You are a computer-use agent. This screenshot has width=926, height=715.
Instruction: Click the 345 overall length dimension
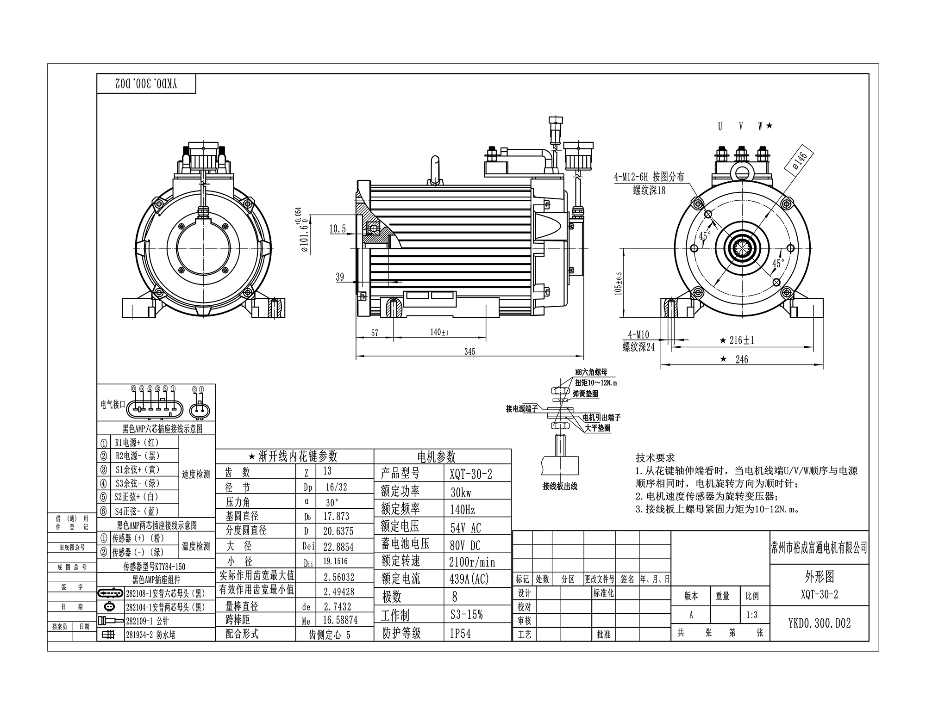[x=469, y=351]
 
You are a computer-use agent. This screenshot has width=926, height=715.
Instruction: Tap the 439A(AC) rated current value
[x=469, y=579]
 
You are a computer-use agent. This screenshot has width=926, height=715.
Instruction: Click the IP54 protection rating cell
[x=460, y=634]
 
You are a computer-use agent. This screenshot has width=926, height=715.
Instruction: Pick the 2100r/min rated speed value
[x=472, y=562]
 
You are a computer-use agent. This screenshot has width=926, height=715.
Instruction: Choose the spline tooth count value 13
[x=327, y=471]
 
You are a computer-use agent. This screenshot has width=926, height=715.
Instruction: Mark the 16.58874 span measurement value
[x=340, y=620]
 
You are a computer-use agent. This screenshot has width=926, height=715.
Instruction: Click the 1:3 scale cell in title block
[x=752, y=615]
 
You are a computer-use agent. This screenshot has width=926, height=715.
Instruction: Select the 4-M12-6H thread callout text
[x=649, y=177]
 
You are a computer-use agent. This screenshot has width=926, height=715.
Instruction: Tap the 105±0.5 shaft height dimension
[x=619, y=283]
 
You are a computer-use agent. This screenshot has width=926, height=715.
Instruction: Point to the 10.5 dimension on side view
[x=338, y=228]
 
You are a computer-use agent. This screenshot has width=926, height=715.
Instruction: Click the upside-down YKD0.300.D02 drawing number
[x=146, y=84]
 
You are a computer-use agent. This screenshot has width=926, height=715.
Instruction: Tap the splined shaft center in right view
[x=742, y=250]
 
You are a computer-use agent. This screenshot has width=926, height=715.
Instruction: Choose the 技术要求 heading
[x=655, y=458]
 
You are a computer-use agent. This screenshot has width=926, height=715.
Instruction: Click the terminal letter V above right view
[x=741, y=126]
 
